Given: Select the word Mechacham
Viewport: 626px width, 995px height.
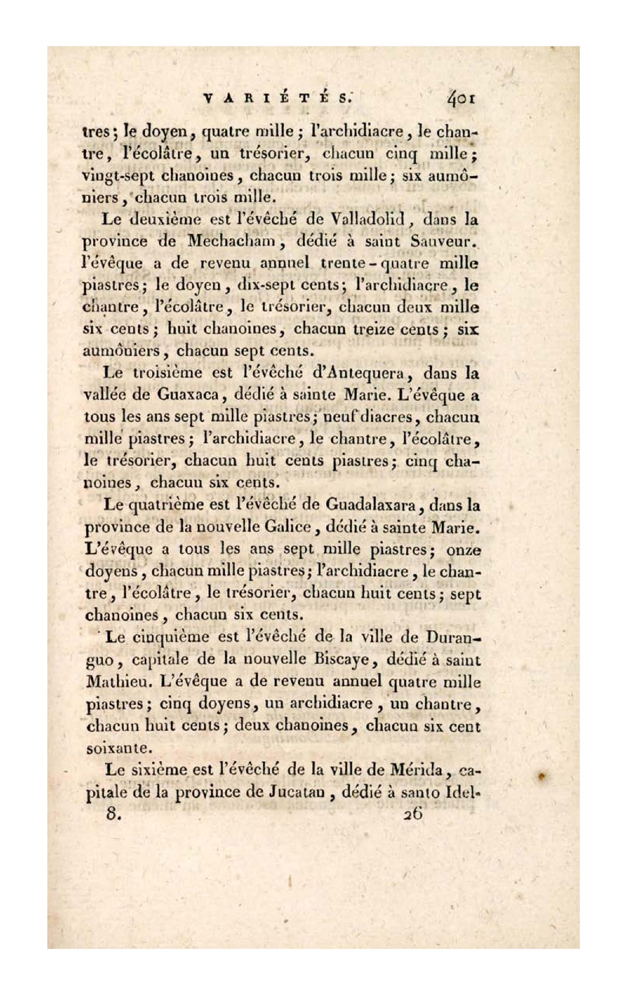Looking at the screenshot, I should pyautogui.click(x=232, y=241).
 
